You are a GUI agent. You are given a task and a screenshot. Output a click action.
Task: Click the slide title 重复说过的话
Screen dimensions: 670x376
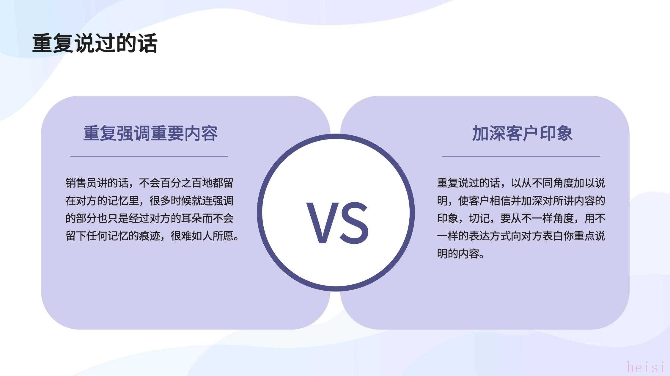point(95,43)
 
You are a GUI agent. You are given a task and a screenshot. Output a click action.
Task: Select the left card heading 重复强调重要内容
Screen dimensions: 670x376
point(150,133)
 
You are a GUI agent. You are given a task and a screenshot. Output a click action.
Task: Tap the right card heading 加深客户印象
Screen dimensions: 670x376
point(522,133)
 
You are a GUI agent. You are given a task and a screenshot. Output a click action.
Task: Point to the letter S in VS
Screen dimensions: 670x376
point(354,223)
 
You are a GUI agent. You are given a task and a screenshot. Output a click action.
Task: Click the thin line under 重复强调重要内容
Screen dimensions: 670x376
point(149,156)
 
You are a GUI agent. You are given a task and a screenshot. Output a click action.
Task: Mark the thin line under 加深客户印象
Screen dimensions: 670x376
point(521,156)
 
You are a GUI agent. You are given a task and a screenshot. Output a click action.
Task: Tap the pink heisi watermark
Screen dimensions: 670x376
point(646,367)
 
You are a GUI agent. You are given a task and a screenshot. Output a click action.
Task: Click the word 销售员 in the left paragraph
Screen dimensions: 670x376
point(81,183)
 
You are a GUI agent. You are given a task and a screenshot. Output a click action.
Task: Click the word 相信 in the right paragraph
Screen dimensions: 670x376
point(500,201)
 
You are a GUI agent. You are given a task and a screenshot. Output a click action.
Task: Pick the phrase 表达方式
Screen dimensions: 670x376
point(490,236)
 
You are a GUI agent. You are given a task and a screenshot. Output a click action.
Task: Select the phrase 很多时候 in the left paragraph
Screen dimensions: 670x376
point(171,201)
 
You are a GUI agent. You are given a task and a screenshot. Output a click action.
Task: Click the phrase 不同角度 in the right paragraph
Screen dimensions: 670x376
point(553,183)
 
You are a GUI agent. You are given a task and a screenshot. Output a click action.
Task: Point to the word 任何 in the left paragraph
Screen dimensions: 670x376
point(97,236)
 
